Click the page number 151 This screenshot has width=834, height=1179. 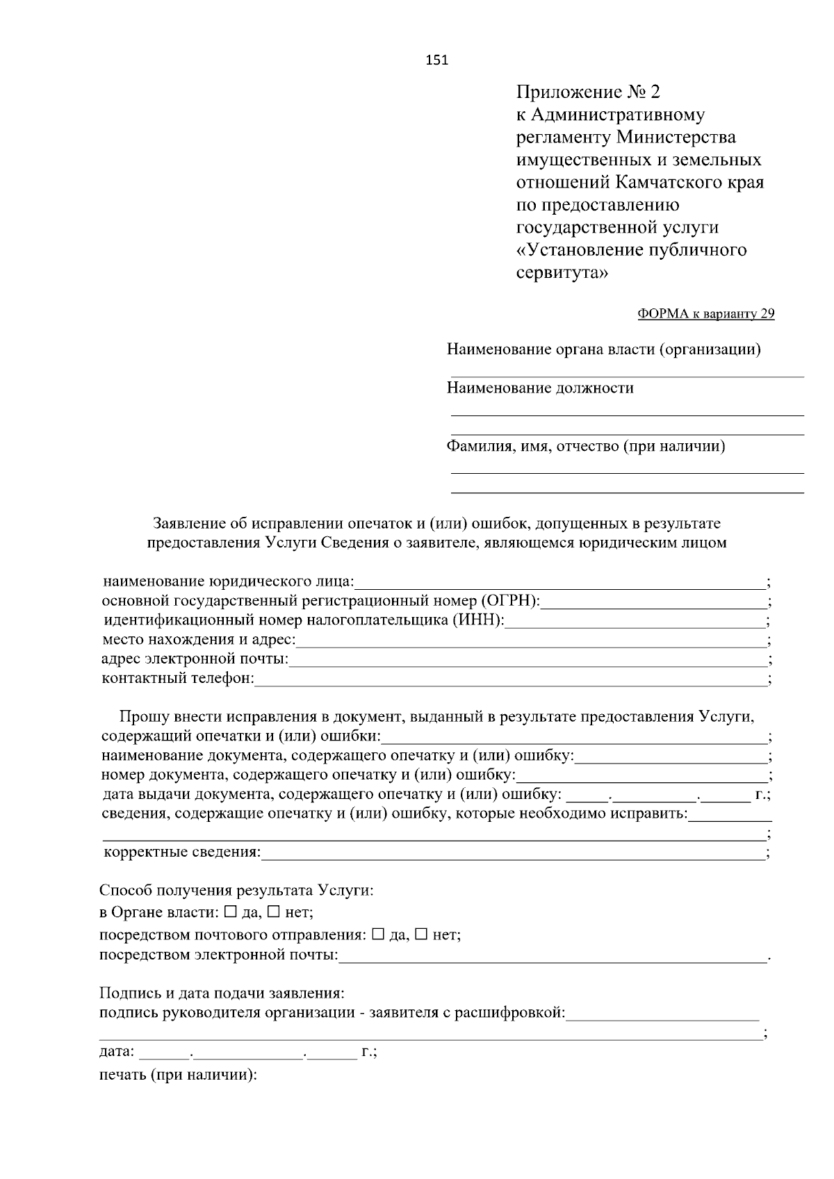coord(436,60)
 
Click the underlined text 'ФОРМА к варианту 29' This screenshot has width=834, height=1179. coord(705,314)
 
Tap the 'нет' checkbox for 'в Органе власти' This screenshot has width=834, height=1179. coord(274,912)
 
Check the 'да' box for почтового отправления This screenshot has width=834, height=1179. coord(378,934)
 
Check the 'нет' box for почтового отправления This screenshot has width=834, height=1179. coord(421,934)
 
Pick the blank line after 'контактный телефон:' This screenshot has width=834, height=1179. coord(511,679)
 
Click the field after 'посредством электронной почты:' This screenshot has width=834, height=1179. coord(553,957)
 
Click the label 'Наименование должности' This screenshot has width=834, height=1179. coord(540,388)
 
